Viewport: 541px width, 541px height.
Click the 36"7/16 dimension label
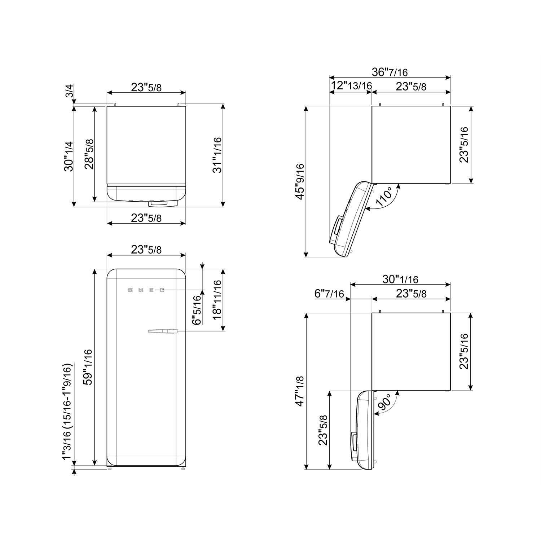pyautogui.click(x=390, y=72)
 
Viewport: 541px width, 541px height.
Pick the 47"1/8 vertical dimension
pyautogui.click(x=300, y=391)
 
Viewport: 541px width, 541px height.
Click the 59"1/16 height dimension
pyautogui.click(x=88, y=367)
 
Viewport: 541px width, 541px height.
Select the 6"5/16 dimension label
pyautogui.click(x=196, y=310)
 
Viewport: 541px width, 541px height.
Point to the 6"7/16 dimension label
pyautogui.click(x=329, y=294)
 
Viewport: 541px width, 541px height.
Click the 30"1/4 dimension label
pyautogui.click(x=69, y=156)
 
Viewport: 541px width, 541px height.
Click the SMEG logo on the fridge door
pyautogui.click(x=146, y=290)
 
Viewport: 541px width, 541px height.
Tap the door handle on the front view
pyautogui.click(x=162, y=331)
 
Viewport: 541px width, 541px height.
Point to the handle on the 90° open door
pyautogui.click(x=353, y=442)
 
